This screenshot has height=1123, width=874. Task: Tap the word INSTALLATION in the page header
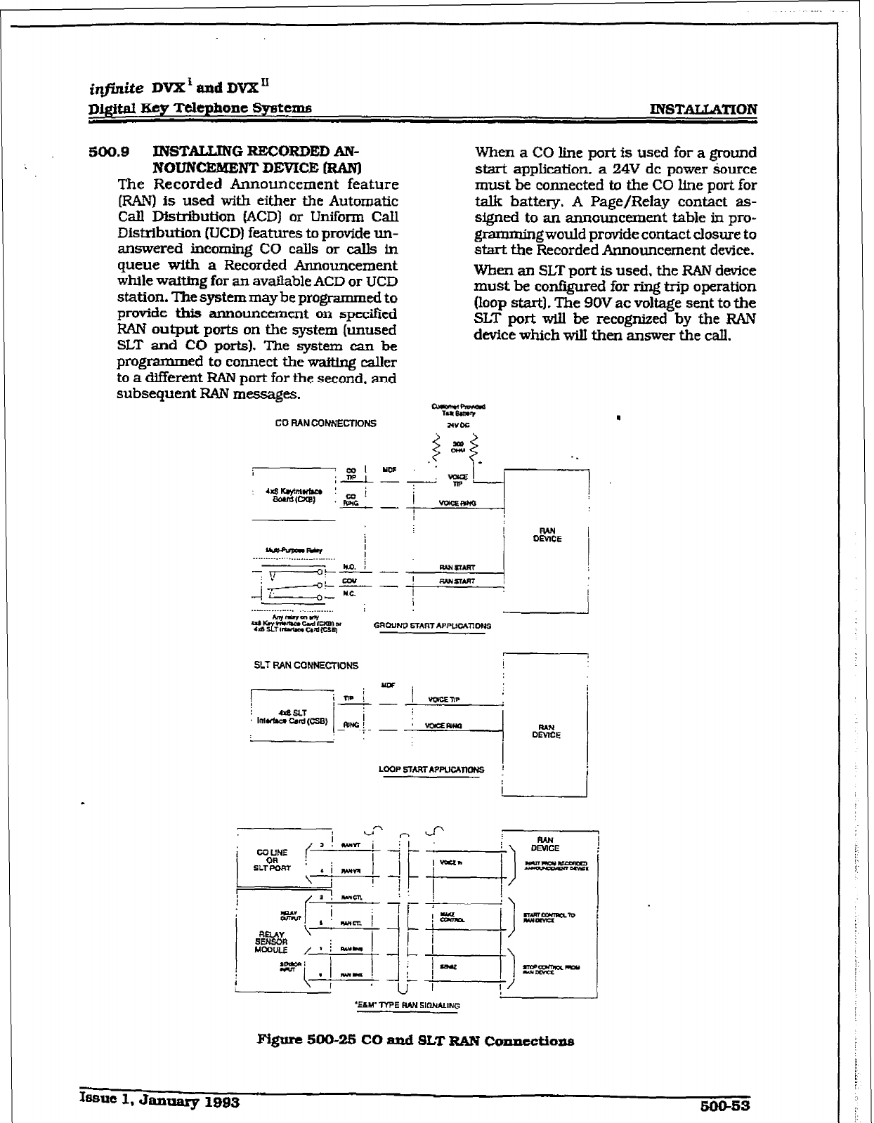(x=704, y=110)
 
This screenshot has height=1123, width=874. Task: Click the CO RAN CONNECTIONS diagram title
(x=325, y=423)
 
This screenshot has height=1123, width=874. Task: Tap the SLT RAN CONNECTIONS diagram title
(x=306, y=665)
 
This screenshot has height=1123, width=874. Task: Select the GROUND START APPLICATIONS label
(x=432, y=625)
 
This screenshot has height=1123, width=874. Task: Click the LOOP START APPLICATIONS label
(x=431, y=770)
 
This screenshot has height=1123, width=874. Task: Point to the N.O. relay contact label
(x=349, y=566)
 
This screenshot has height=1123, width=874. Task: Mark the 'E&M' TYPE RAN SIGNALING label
(x=408, y=1005)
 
